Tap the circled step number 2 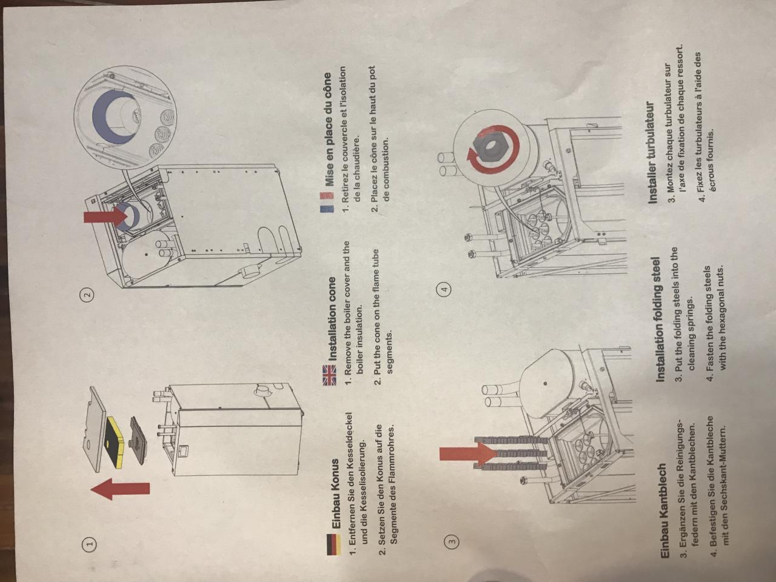click(89, 293)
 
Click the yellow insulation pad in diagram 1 click(115, 442)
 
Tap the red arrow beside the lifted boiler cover click(119, 489)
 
